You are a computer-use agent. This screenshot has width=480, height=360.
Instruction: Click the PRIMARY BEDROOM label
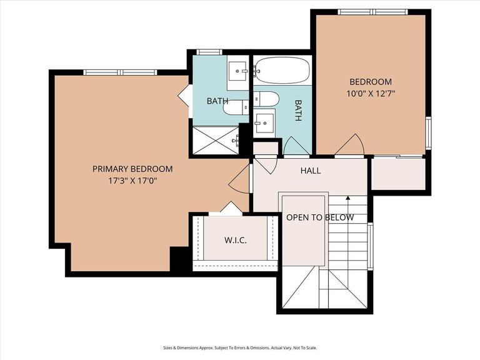click(x=132, y=169)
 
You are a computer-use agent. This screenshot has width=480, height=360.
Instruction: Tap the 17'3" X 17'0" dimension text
click(x=132, y=181)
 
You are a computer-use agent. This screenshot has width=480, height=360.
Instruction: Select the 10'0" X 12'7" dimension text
click(x=371, y=94)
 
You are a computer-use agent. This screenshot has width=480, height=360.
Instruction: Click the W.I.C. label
click(x=236, y=240)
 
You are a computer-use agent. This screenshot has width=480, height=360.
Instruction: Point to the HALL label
click(x=311, y=171)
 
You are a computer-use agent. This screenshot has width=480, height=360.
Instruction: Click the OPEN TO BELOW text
click(x=320, y=217)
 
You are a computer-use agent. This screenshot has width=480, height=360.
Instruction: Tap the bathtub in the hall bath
click(x=282, y=71)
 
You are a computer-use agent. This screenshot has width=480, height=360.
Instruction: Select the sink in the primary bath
click(x=237, y=71)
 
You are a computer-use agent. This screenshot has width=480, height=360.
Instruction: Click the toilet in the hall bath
click(x=266, y=99)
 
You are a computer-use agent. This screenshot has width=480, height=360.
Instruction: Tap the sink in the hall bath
click(x=264, y=123)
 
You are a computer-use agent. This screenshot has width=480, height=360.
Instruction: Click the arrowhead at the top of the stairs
click(x=347, y=198)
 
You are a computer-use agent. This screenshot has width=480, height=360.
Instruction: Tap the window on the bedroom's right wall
click(x=428, y=133)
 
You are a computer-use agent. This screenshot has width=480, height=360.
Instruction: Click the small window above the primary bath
click(x=209, y=52)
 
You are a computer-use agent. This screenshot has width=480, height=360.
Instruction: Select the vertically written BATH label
click(x=298, y=110)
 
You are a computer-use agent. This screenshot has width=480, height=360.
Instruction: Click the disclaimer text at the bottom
click(x=240, y=347)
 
